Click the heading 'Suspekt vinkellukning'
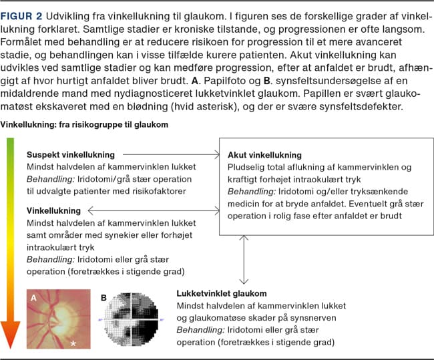tap(70, 154)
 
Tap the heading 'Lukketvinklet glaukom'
tap(222, 293)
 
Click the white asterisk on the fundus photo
tap(74, 343)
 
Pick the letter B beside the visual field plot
tap(103, 298)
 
